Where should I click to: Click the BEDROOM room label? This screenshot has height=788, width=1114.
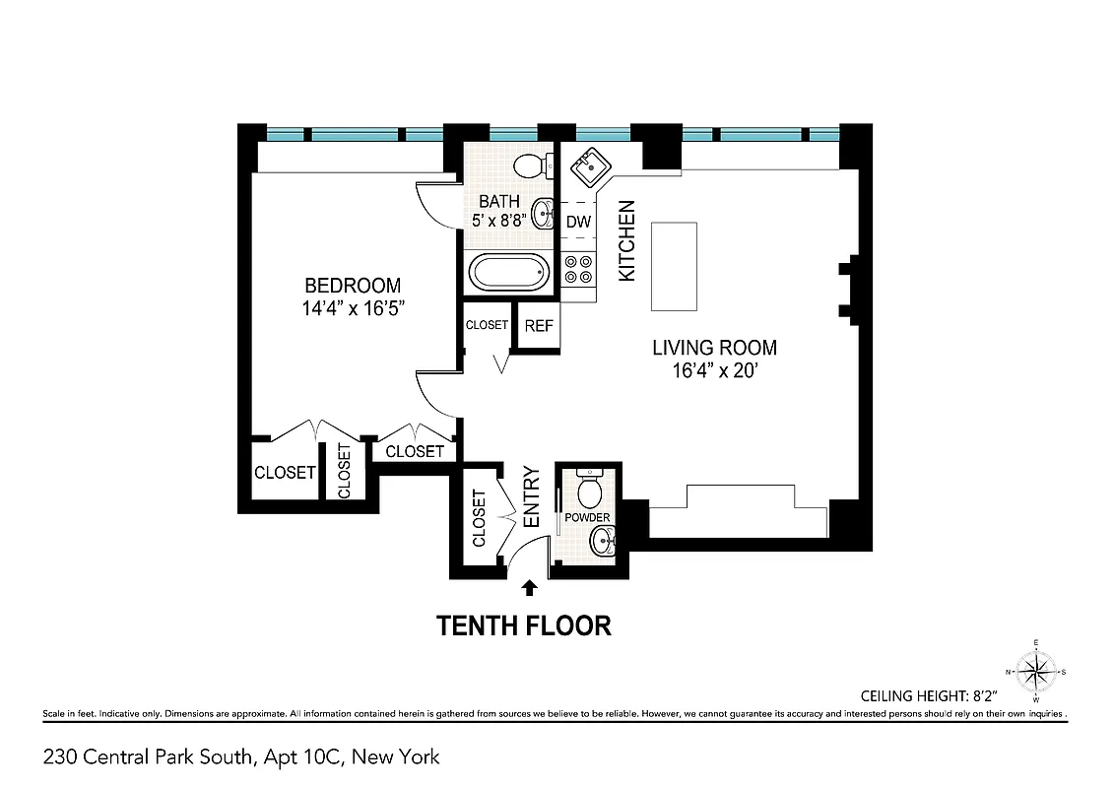[x=353, y=286]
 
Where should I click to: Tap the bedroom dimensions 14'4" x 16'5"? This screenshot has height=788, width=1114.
[x=353, y=308]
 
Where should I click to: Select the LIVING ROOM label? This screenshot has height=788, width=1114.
[x=714, y=348]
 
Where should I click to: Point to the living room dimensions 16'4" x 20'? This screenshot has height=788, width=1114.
[x=714, y=371]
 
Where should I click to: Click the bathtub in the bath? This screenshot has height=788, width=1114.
[x=507, y=273]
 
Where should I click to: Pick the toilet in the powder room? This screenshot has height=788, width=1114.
[x=589, y=490]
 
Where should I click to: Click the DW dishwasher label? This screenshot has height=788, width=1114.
[x=578, y=222]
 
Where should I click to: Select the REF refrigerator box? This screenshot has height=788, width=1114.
[x=539, y=326]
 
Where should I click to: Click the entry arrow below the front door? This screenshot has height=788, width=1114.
[x=529, y=588]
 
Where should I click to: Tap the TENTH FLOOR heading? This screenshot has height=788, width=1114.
[x=524, y=625]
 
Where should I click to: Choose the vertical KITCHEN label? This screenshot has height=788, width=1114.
[x=626, y=241]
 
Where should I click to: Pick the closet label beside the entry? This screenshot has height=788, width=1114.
[x=480, y=518]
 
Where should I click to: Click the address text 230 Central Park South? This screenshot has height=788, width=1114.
[x=241, y=757]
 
